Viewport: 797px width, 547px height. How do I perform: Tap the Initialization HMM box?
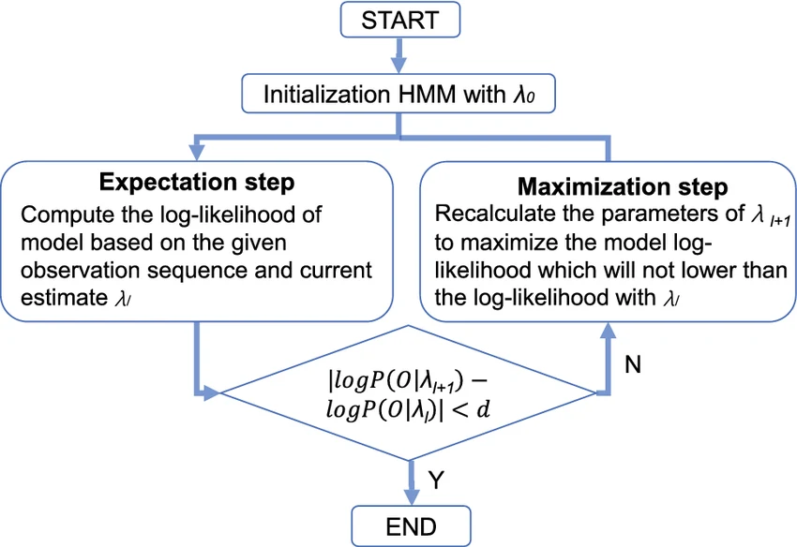click(x=400, y=95)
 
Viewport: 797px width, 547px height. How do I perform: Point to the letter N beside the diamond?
click(x=633, y=364)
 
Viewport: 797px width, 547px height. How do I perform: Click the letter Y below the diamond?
click(x=436, y=480)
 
